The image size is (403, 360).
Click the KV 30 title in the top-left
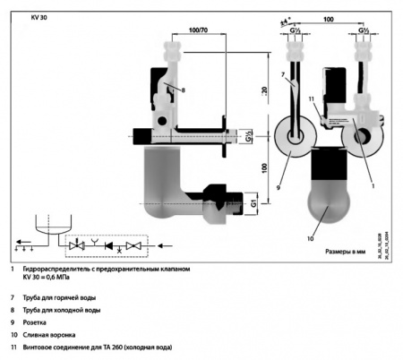[39, 15]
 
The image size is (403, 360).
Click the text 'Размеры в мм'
[345, 254]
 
